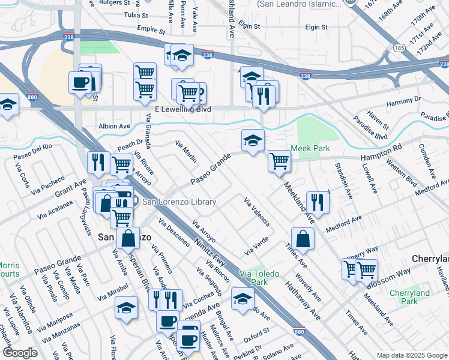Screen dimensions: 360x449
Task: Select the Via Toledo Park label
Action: (x=260, y=278)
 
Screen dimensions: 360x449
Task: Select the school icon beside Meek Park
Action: (x=253, y=140)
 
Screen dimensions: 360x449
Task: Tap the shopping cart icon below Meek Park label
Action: (x=279, y=161)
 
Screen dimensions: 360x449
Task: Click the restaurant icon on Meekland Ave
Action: (x=317, y=202)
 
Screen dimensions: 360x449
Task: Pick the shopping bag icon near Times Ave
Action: (x=303, y=238)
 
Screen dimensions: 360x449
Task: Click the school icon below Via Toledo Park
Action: (x=243, y=298)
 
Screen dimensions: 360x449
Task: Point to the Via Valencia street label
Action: (x=256, y=211)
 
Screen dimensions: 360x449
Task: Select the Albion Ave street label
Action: (x=114, y=127)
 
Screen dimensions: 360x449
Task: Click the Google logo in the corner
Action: (x=20, y=353)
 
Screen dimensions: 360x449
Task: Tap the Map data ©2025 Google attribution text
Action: (x=411, y=355)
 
